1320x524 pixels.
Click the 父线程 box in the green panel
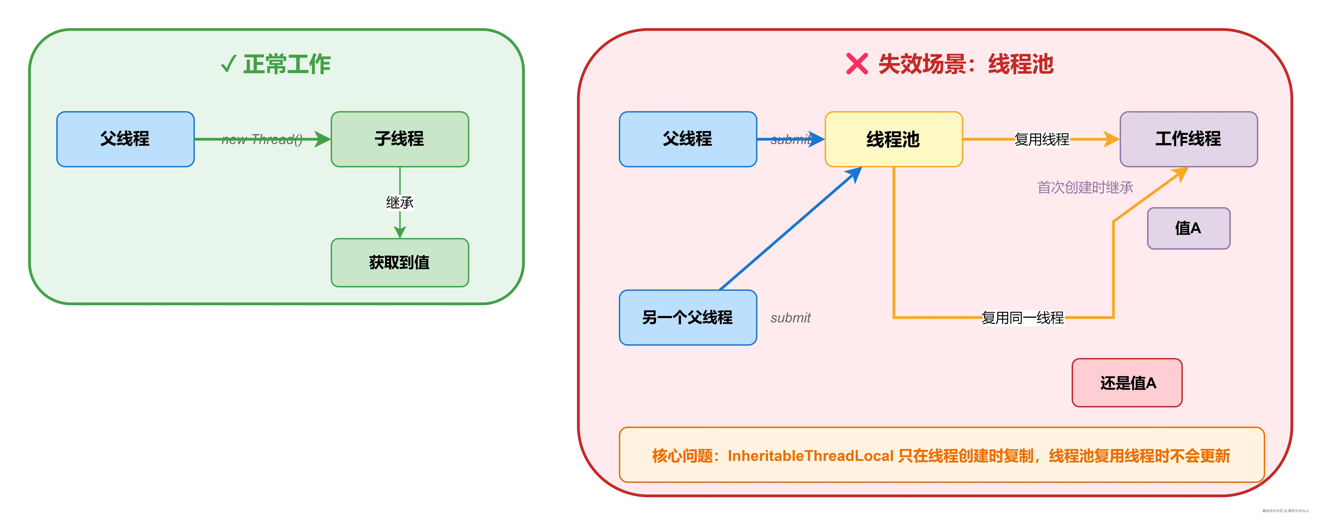[125, 139]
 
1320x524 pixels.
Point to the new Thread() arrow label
[262, 139]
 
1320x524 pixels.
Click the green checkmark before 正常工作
[228, 64]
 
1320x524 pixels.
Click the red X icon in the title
[857, 64]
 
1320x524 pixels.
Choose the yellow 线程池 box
[893, 139]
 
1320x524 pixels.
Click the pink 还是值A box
[1127, 383]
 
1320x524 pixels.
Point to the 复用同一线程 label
[1022, 318]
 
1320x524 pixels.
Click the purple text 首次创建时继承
[1085, 188]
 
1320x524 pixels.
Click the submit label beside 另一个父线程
[790, 318]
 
